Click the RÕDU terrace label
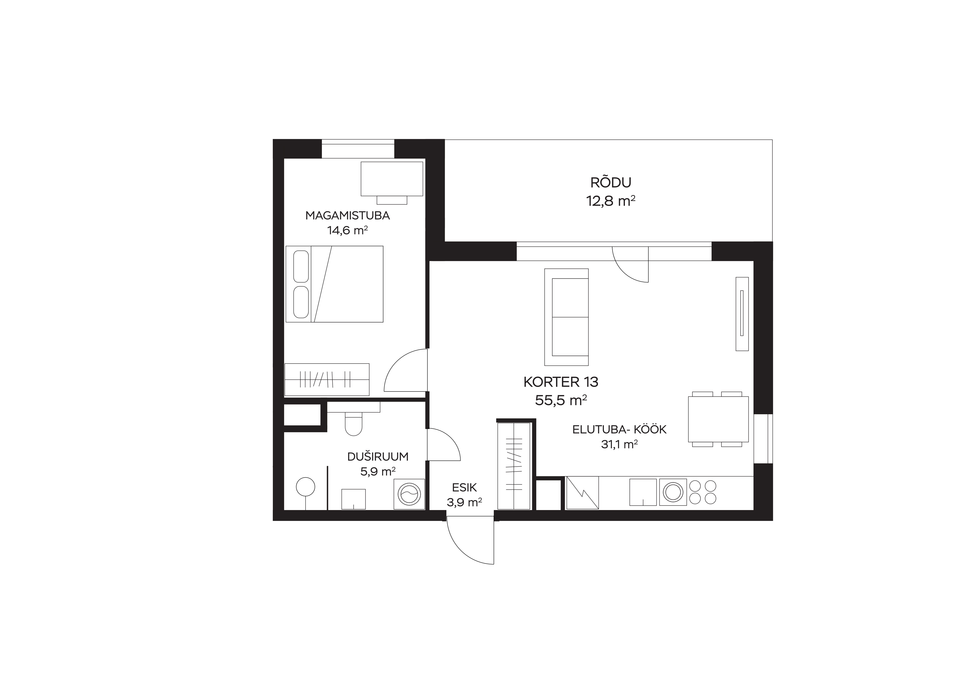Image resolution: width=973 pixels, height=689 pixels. click(x=611, y=182)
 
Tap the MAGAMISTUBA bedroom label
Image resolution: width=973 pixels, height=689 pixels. click(x=348, y=215)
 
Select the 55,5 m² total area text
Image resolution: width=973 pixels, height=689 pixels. click(x=561, y=400)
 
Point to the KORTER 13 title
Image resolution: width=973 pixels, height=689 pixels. click(x=561, y=382)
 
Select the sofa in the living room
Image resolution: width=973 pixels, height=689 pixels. click(x=566, y=317)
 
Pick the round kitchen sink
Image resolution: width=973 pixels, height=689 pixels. click(x=673, y=492)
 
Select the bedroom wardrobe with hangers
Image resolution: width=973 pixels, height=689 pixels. click(x=327, y=379)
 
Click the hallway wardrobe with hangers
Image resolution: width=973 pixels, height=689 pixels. click(x=514, y=466)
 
